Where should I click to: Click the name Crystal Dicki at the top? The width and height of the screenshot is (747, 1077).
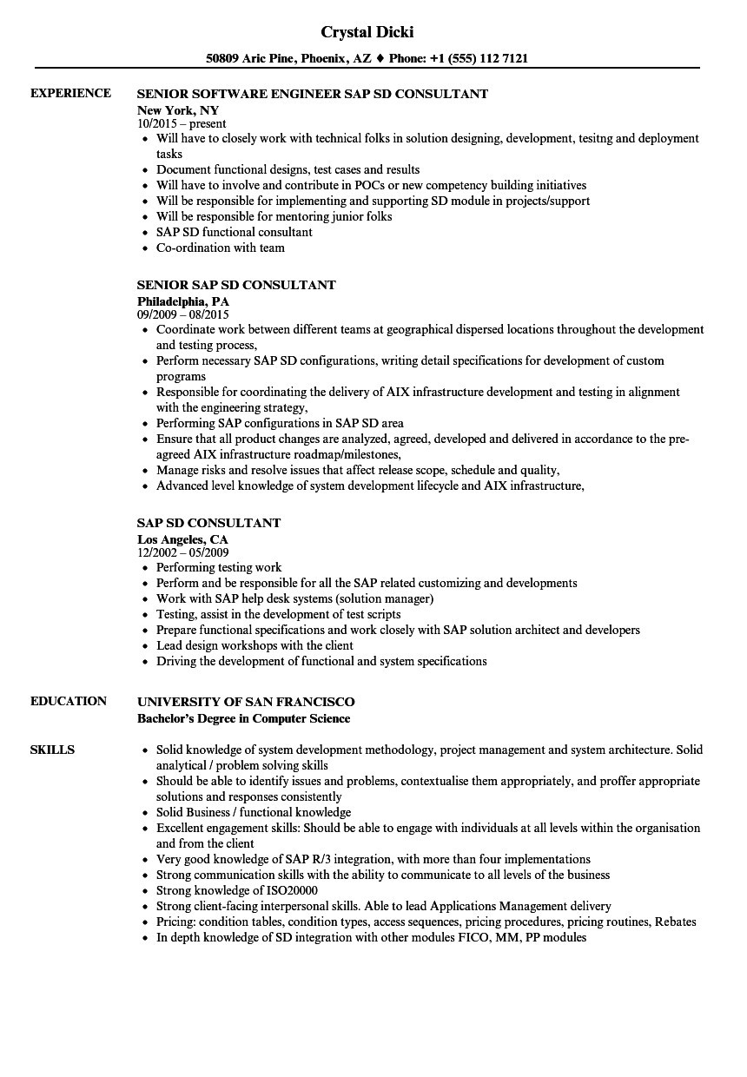pos(367,32)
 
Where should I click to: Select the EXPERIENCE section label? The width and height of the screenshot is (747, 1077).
pos(70,93)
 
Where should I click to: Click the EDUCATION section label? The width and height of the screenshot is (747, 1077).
pos(69,701)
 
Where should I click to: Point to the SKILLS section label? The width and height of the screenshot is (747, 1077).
pos(52,750)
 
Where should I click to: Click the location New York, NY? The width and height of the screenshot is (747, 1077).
pos(178,110)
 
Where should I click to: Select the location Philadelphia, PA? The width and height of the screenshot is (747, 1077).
pos(183,301)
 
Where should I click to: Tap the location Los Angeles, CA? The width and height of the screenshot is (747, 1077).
pos(182,539)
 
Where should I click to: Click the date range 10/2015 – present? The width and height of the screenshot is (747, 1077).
pos(182,124)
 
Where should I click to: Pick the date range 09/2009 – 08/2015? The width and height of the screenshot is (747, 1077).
pos(183,315)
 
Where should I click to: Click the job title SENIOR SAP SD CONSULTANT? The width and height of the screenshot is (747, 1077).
pos(236,285)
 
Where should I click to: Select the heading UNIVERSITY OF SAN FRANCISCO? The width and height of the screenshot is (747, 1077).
pos(246,702)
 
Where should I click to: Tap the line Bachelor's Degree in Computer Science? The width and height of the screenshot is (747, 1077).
pos(244,718)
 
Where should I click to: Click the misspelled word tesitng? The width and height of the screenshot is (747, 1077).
pos(594,138)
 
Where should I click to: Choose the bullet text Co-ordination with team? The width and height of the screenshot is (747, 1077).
pos(221,248)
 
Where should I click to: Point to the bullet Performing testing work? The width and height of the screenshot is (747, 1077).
pos(219,567)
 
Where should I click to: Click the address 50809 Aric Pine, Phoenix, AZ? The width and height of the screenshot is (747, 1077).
pos(288,59)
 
